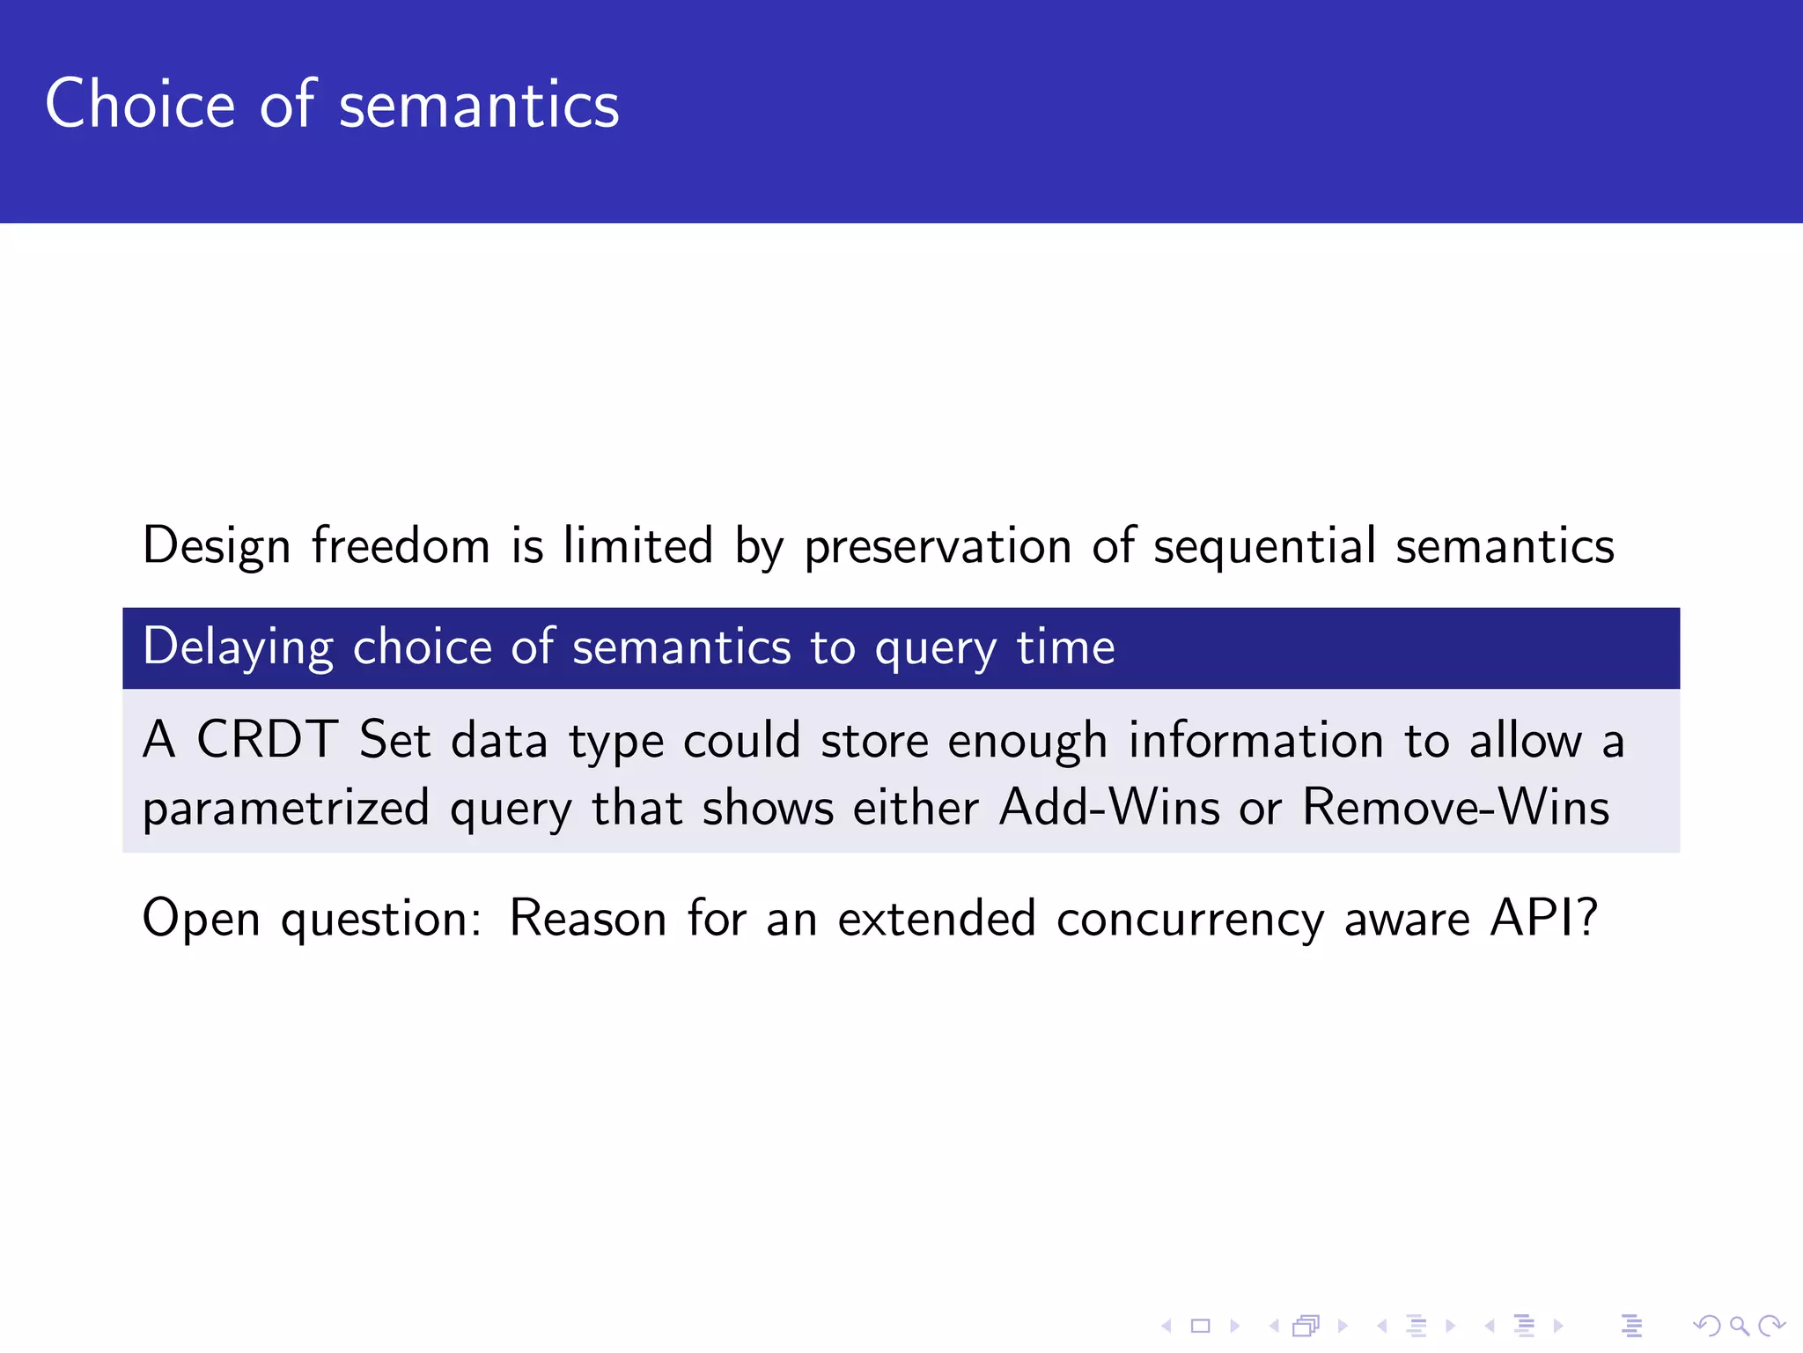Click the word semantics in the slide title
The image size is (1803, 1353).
click(479, 106)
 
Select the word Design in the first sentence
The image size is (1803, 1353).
click(216, 546)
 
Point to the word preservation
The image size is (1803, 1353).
click(937, 546)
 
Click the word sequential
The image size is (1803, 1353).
click(1264, 546)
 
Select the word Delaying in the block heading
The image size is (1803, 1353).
click(238, 648)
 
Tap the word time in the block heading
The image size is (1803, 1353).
click(1065, 647)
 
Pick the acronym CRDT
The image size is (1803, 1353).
click(267, 739)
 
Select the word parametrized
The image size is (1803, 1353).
click(286, 809)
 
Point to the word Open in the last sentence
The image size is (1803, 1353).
click(201, 919)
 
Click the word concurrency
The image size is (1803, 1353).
click(1189, 919)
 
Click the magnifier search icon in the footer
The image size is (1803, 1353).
click(1739, 1326)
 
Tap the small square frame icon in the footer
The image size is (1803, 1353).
click(1200, 1326)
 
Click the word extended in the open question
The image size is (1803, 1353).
click(936, 918)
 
